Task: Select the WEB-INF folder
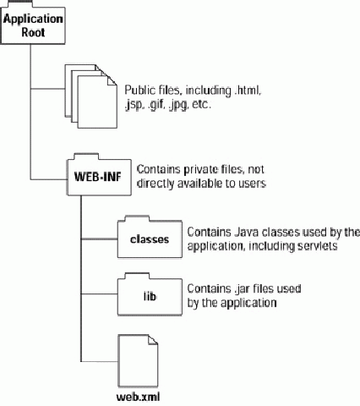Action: [99, 175]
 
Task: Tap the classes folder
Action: [150, 237]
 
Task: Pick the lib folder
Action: [150, 294]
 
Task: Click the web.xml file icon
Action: [138, 361]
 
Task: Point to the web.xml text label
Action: [138, 397]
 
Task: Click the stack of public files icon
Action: [91, 96]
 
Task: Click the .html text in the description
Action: [247, 91]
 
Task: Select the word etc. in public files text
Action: [201, 105]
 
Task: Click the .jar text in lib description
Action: [242, 289]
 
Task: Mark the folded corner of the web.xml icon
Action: [153, 339]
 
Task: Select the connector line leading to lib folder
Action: [99, 294]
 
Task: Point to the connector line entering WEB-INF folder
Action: [48, 179]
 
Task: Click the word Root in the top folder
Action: [33, 32]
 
